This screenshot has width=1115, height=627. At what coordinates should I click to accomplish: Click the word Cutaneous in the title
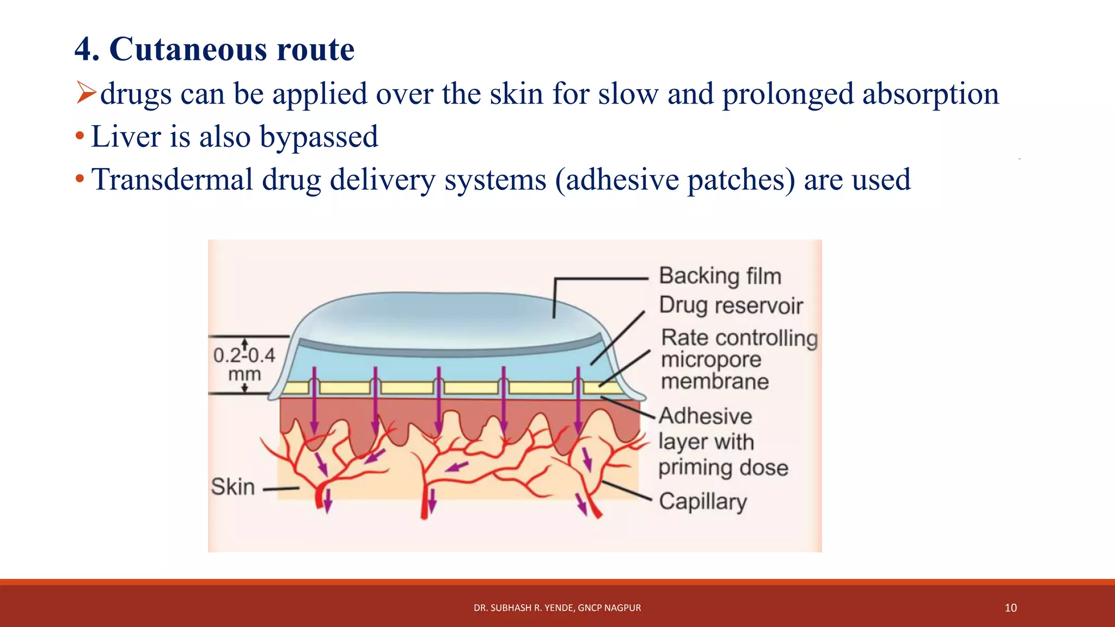[188, 50]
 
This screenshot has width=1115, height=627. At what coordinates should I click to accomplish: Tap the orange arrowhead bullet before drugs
[86, 92]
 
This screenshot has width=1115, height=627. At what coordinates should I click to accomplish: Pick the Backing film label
[720, 276]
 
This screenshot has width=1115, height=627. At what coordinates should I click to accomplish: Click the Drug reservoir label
[731, 305]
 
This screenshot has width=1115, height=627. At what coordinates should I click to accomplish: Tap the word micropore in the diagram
[710, 360]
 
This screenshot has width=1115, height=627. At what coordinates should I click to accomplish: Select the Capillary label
[702, 501]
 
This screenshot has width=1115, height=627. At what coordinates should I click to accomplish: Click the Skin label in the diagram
[232, 487]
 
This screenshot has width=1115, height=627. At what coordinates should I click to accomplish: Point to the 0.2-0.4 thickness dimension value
[244, 355]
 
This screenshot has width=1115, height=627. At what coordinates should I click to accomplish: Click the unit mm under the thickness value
[244, 374]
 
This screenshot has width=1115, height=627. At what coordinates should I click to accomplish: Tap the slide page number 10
[1010, 608]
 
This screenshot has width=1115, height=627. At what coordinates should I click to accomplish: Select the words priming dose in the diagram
[723, 468]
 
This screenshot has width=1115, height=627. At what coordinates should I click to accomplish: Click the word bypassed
[318, 137]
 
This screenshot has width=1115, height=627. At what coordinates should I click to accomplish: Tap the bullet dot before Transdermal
[79, 179]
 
